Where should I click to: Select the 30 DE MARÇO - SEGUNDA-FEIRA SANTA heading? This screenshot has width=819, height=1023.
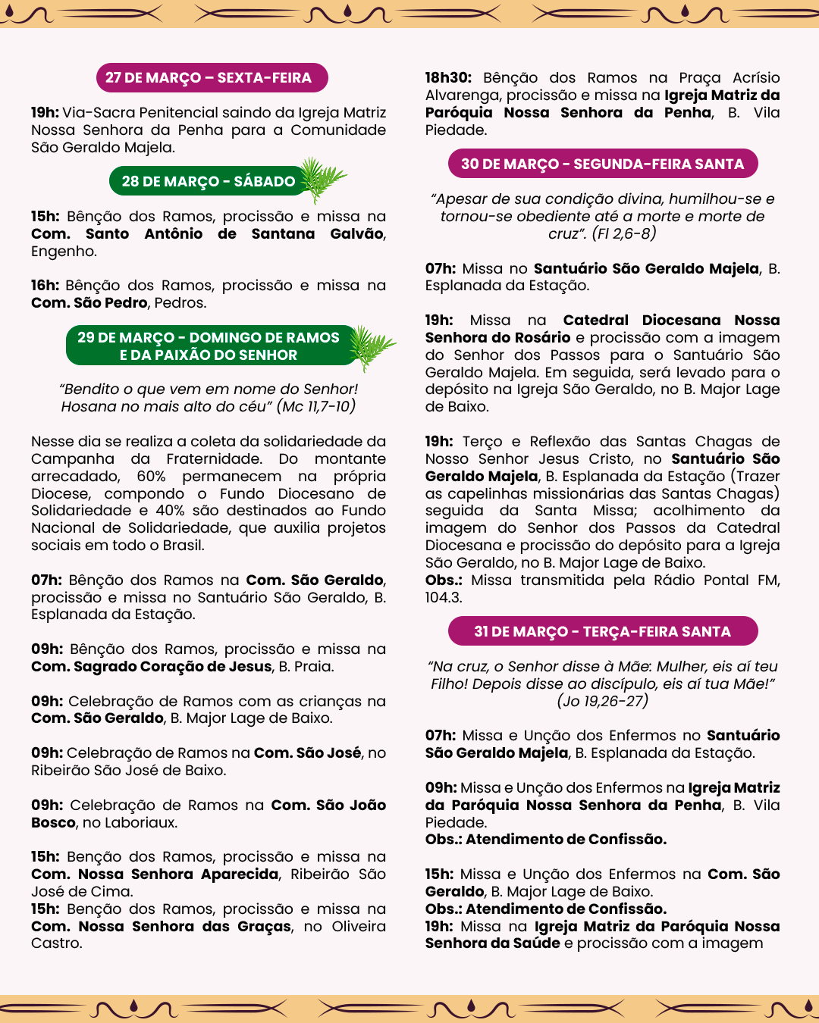603,164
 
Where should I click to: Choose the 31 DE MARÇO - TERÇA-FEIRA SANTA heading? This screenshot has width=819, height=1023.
603,631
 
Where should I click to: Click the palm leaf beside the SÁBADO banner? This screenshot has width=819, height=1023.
322,178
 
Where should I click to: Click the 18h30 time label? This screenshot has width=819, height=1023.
448,77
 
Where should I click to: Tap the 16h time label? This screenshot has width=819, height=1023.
45,285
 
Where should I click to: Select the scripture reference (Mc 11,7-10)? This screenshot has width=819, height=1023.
316,406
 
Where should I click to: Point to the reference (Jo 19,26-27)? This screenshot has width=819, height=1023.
603,701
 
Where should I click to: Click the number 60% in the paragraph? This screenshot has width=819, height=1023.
151,476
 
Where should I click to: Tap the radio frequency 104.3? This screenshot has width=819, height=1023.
444,597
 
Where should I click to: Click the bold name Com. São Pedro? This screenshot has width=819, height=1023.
89,302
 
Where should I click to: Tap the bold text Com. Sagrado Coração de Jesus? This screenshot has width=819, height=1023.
152,666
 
